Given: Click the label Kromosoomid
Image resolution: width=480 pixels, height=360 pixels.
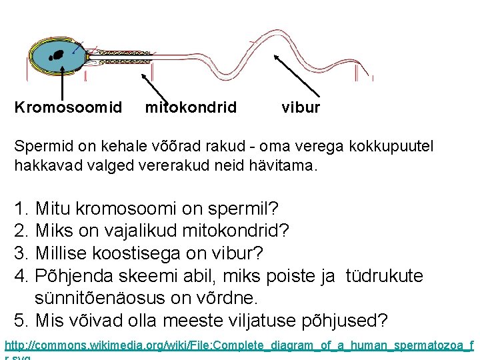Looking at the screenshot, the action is tap(68, 107).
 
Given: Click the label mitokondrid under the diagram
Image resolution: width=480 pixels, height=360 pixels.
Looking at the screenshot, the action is tap(191, 107).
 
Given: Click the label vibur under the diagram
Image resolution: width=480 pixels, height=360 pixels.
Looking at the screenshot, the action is tap(301, 107).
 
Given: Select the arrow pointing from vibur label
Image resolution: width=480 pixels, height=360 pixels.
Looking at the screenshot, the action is tap(296, 77).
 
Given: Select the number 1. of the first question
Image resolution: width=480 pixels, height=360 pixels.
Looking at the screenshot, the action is tap(21, 209).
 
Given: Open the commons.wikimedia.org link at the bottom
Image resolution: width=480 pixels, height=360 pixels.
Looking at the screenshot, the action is tap(239, 346).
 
